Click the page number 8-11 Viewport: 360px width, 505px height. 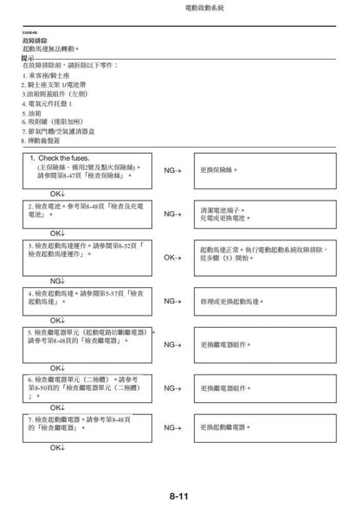[179, 495]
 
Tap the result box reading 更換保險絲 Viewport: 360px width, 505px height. [260, 171]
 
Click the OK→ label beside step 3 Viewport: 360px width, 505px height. [173, 257]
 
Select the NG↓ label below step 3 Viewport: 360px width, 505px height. [57, 280]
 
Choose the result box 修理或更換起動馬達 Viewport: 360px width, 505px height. [260, 301]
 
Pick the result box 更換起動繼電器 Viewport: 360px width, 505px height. [260, 427]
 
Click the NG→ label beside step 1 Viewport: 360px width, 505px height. [173, 171]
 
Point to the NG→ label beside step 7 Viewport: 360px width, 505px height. [173, 427]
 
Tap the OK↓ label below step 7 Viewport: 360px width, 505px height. [57, 447]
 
